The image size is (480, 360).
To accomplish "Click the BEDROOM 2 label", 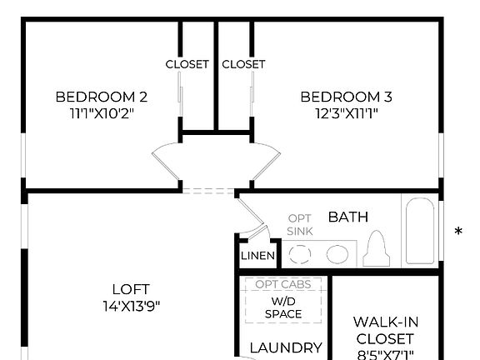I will pyautogui.click(x=102, y=96).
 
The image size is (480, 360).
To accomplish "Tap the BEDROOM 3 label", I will pyautogui.click(x=346, y=96).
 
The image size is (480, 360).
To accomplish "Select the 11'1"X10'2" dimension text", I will pyautogui.click(x=102, y=112).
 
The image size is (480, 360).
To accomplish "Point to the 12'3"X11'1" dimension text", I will pyautogui.click(x=346, y=112).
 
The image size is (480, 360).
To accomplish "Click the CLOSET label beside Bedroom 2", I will pyautogui.click(x=187, y=64).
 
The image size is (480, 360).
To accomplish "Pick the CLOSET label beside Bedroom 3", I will pyautogui.click(x=243, y=64).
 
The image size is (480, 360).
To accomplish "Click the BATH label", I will pyautogui.click(x=347, y=217).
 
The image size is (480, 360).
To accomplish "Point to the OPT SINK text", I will pyautogui.click(x=300, y=224).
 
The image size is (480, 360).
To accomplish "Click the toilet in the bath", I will pyautogui.click(x=377, y=247).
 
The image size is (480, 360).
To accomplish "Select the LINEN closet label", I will pyautogui.click(x=257, y=256).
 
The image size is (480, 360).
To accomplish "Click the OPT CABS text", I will pyautogui.click(x=283, y=284).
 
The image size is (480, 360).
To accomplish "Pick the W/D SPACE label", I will pyautogui.click(x=283, y=307).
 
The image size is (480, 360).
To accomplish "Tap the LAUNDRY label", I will pyautogui.click(x=286, y=348).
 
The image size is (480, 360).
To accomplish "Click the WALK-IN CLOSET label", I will pyautogui.click(x=384, y=330).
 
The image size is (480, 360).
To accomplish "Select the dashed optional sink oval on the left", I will pyautogui.click(x=299, y=254).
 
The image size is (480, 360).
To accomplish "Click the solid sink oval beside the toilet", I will pyautogui.click(x=337, y=254).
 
